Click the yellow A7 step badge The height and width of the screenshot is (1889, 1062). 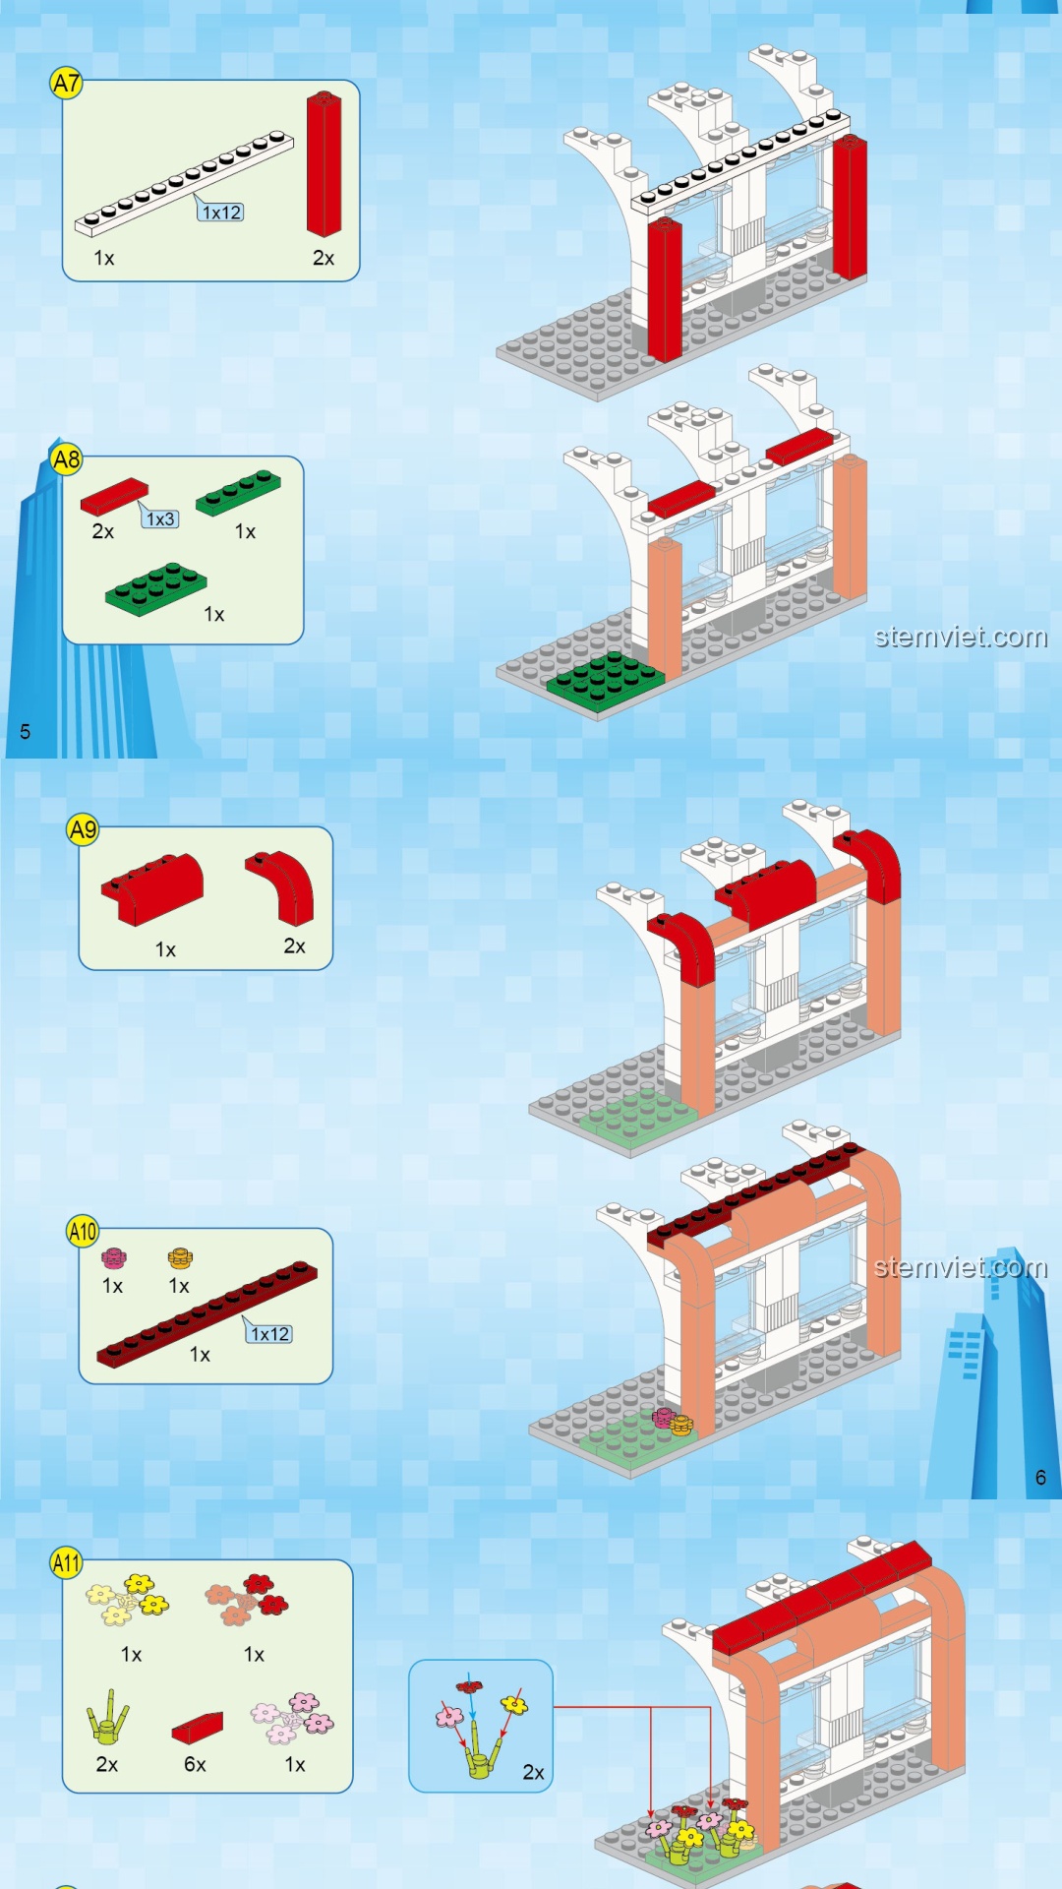pyautogui.click(x=66, y=84)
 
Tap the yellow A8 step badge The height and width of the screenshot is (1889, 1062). pyautogui.click(x=66, y=459)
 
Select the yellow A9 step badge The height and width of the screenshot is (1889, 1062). pyautogui.click(x=83, y=830)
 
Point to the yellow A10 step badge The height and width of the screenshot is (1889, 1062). pyautogui.click(x=83, y=1231)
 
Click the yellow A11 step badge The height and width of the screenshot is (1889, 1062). pyautogui.click(x=66, y=1562)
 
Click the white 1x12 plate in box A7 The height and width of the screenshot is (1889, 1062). pyautogui.click(x=184, y=184)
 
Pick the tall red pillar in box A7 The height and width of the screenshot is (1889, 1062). pyautogui.click(x=324, y=164)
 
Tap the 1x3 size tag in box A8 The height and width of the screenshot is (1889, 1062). pyautogui.click(x=160, y=518)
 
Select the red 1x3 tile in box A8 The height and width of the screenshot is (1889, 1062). pyautogui.click(x=114, y=497)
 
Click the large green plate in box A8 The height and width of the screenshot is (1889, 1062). pyautogui.click(x=156, y=589)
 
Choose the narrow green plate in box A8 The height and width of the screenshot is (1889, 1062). pyautogui.click(x=238, y=493)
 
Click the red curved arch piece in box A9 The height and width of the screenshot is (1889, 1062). pyautogui.click(x=281, y=887)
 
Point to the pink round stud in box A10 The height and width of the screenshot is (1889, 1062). pyautogui.click(x=114, y=1258)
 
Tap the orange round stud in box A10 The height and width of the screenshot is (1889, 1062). pyautogui.click(x=180, y=1258)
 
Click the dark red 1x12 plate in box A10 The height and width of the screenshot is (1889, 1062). pyautogui.click(x=206, y=1314)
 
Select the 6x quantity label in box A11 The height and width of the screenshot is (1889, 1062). pyautogui.click(x=195, y=1765)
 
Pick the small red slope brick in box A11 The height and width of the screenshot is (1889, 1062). pyautogui.click(x=197, y=1728)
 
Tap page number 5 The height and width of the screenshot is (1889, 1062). pyautogui.click(x=26, y=732)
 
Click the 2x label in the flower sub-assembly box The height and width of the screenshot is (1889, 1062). pyautogui.click(x=533, y=1773)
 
